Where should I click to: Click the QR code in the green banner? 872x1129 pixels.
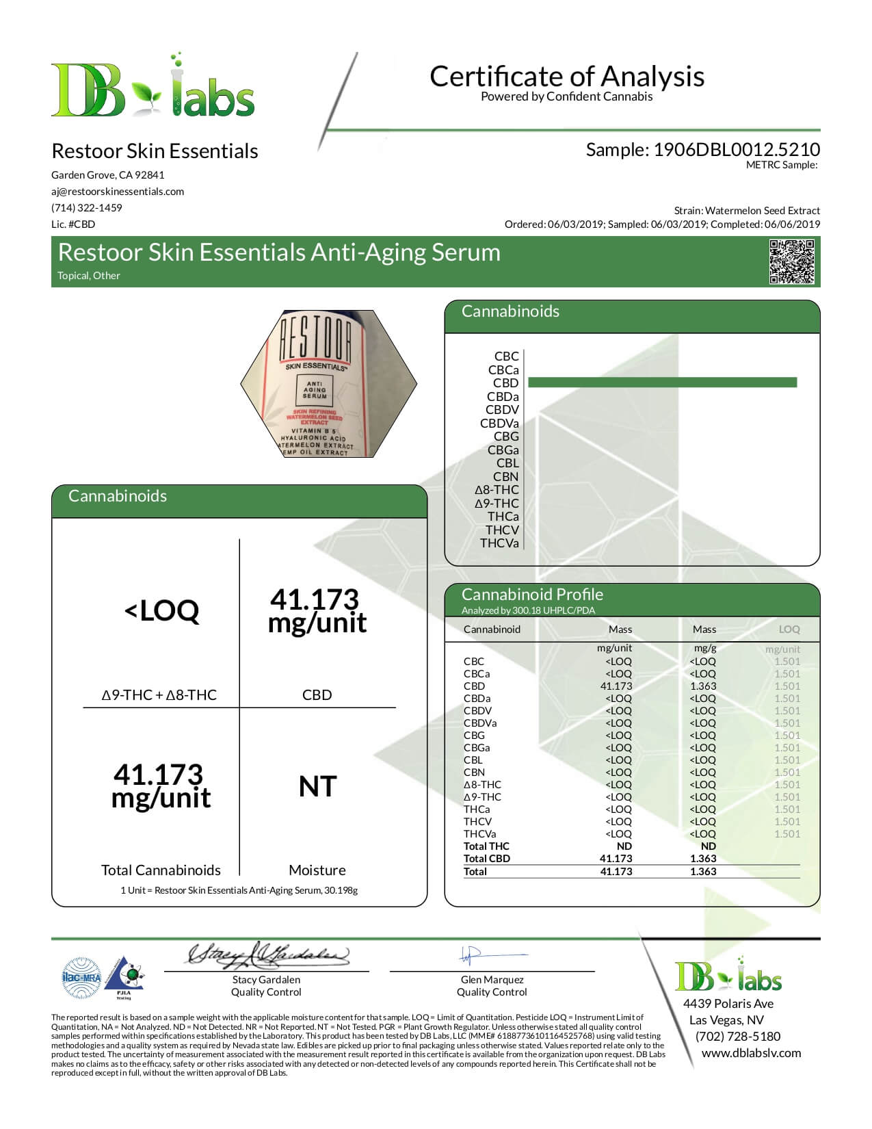point(792,261)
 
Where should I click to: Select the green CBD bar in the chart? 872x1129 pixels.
point(662,382)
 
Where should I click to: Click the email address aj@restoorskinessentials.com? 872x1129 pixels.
point(118,192)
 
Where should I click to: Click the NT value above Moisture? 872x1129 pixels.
point(317,787)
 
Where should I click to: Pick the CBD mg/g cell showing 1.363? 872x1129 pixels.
point(703,686)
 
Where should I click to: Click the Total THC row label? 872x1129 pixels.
point(486,846)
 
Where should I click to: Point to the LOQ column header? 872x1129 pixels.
point(789,630)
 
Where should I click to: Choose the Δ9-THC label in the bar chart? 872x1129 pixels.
point(497,504)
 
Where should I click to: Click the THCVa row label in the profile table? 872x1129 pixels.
point(479,834)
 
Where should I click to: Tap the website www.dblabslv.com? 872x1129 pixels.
point(751,1053)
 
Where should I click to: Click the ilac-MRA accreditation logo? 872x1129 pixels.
point(81,978)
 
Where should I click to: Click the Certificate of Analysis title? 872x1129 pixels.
point(567,76)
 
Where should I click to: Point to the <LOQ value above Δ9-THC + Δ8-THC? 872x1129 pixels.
point(161,610)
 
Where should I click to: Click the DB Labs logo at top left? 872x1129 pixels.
point(153,87)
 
